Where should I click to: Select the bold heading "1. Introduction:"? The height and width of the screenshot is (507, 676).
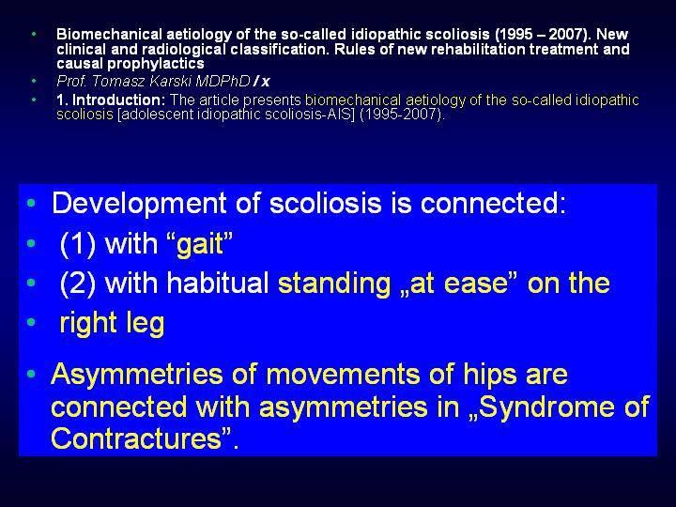111,100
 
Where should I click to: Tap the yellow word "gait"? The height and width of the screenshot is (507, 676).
200,244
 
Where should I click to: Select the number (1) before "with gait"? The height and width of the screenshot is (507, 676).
78,244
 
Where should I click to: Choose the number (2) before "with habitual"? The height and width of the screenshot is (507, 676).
78,284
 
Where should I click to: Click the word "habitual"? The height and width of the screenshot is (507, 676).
218,283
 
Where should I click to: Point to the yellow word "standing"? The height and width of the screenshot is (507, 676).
334,284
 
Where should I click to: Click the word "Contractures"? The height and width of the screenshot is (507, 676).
136,438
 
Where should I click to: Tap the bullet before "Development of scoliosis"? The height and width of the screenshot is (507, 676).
31,203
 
